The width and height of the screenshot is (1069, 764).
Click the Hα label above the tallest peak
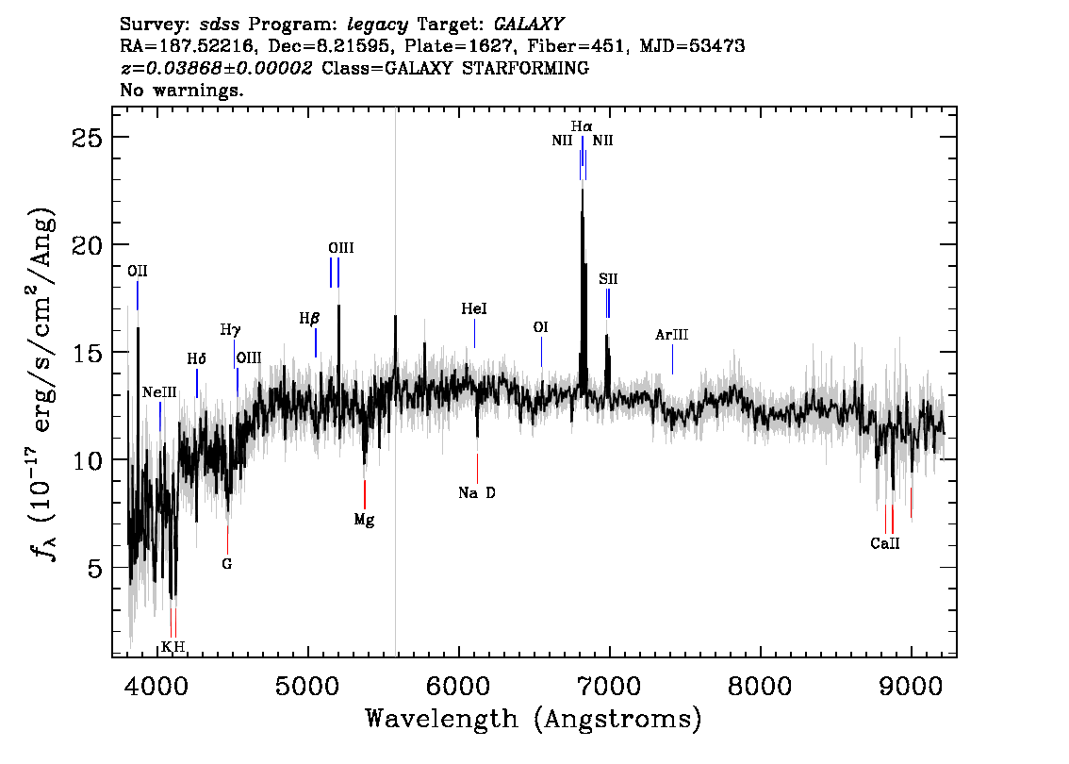[582, 126]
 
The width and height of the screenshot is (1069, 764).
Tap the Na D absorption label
[477, 492]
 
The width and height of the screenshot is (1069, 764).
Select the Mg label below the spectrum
[364, 521]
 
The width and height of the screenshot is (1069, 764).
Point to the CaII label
[885, 543]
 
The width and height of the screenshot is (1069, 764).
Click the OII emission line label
[137, 272]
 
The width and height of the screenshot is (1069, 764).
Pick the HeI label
[474, 309]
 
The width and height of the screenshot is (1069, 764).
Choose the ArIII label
[671, 335]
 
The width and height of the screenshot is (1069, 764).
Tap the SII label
[608, 279]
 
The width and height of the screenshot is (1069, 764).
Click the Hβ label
[309, 319]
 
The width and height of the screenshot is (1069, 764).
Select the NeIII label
[159, 392]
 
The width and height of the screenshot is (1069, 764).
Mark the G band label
[227, 564]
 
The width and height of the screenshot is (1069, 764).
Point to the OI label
[541, 327]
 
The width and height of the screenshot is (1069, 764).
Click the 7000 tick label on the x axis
[609, 687]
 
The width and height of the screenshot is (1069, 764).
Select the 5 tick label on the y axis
[95, 568]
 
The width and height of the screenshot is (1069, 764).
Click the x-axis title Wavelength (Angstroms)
[534, 720]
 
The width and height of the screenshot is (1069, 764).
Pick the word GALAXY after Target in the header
[528, 25]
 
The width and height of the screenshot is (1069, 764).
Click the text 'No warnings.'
[181, 90]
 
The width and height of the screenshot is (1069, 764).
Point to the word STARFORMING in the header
[526, 68]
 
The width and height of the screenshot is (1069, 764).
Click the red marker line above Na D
[477, 468]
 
